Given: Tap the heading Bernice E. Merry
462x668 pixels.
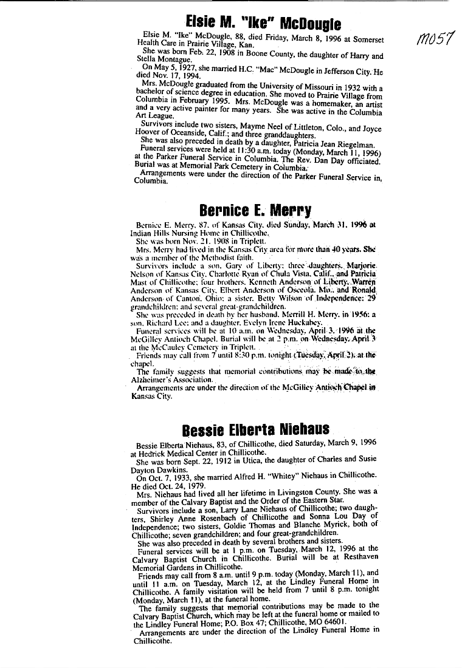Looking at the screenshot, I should click(x=255, y=210).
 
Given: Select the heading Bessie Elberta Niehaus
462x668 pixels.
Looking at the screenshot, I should click(x=255, y=430).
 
